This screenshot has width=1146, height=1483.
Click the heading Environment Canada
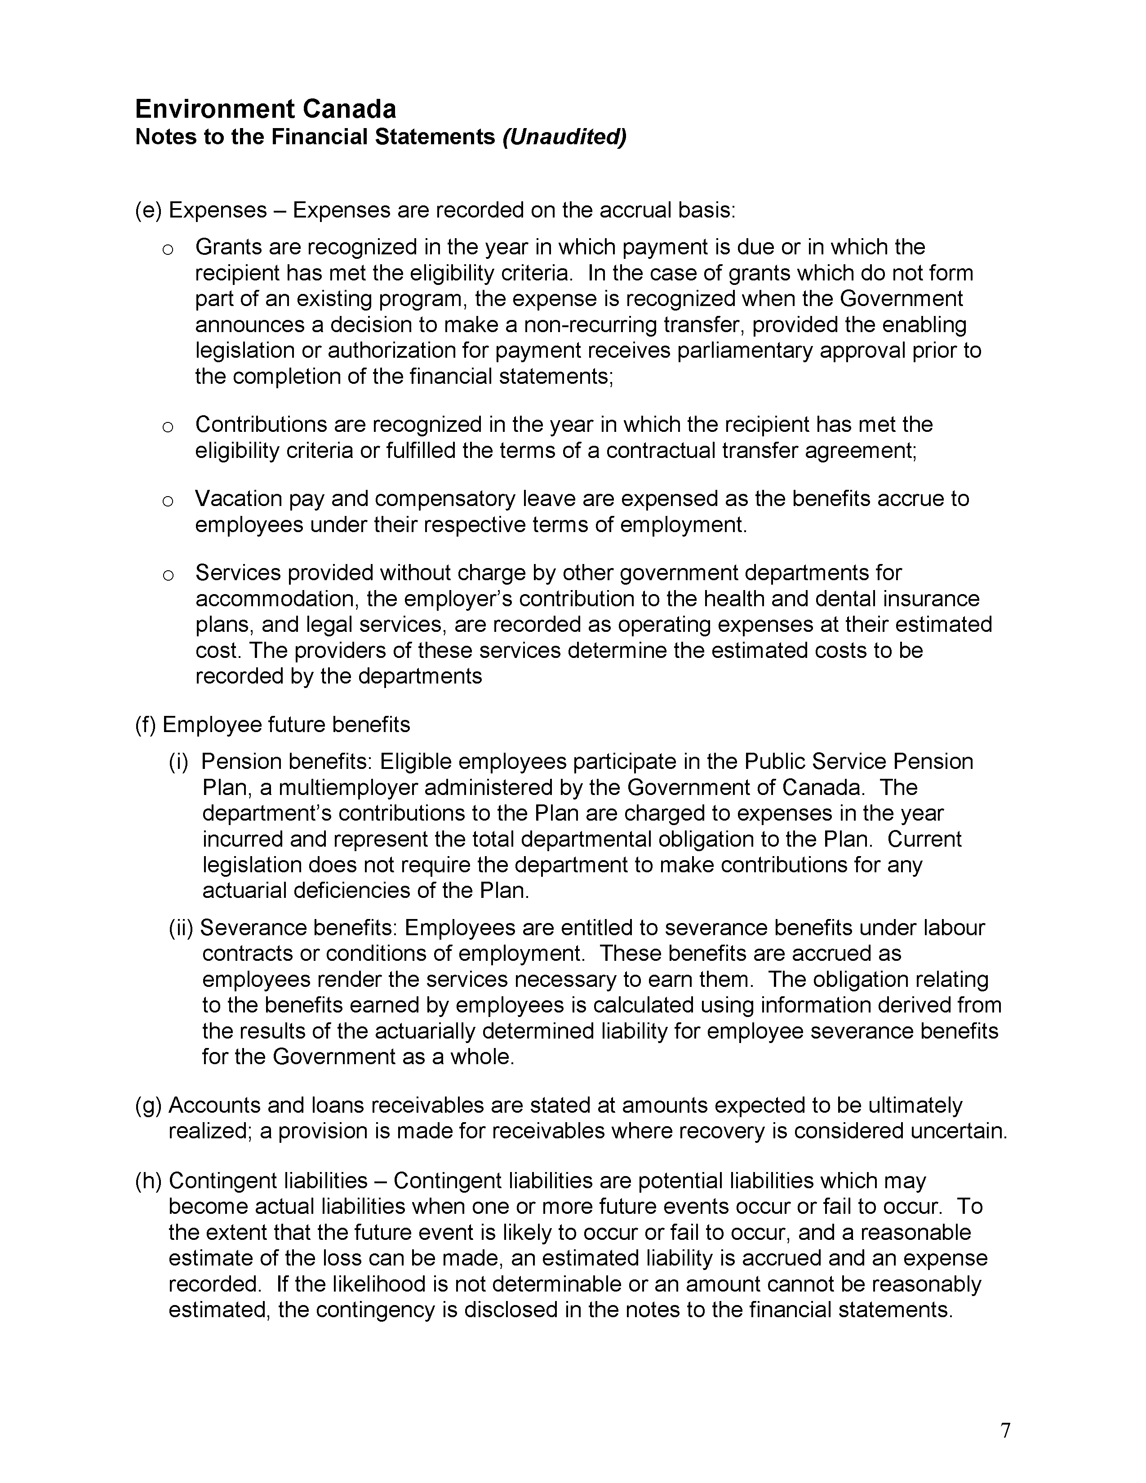(x=266, y=109)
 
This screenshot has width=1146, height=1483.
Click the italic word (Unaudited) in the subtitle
(x=564, y=137)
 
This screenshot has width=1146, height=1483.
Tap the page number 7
(x=1005, y=1431)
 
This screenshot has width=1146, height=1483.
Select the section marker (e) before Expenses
(x=148, y=210)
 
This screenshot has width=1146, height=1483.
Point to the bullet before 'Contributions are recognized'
(x=168, y=427)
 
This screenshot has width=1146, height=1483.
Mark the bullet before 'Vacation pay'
(x=168, y=501)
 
